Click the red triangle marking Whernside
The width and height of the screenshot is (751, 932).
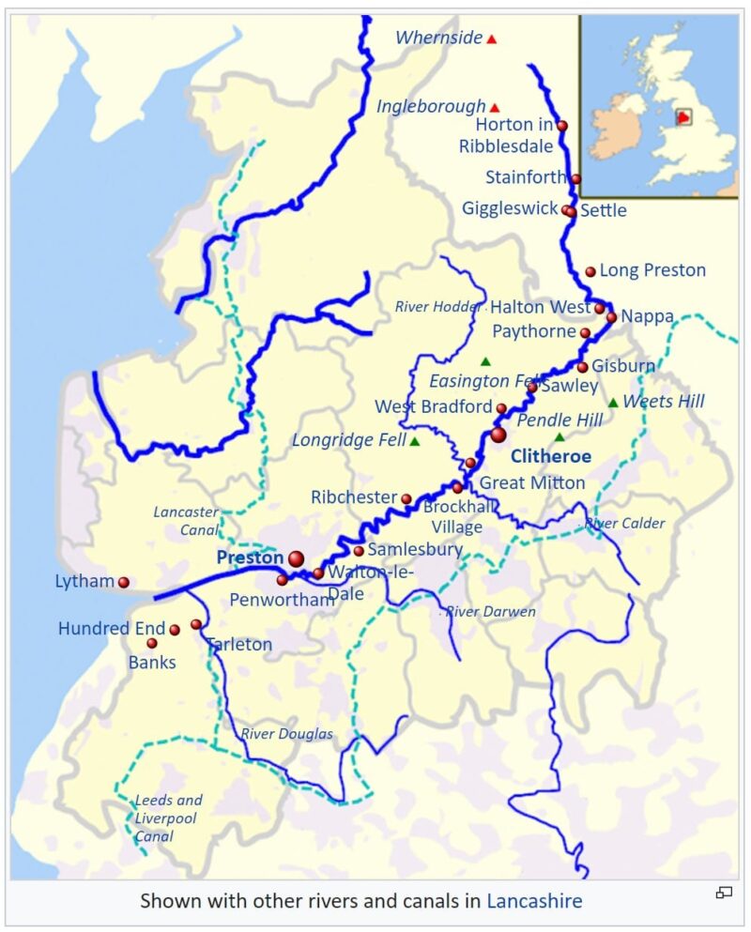491,39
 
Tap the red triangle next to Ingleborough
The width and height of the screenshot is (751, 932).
495,108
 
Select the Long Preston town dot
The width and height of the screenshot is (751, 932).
590,271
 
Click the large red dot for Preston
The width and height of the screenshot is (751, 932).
297,558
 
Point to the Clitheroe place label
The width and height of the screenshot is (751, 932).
551,456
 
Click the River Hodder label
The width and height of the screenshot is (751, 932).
438,307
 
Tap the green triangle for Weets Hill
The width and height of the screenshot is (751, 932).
613,403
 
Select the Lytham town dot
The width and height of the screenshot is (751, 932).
123,582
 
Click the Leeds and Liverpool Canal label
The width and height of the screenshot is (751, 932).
168,817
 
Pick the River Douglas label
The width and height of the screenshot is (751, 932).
287,734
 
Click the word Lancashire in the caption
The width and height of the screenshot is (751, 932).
534,902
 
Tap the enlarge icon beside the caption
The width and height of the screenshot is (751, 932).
724,893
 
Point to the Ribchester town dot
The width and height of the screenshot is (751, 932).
406,498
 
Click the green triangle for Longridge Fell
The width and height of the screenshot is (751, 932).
414,441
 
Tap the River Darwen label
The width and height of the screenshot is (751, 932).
490,612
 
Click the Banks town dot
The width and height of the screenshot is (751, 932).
152,643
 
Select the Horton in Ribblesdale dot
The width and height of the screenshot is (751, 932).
562,125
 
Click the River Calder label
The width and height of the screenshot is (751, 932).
624,524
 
